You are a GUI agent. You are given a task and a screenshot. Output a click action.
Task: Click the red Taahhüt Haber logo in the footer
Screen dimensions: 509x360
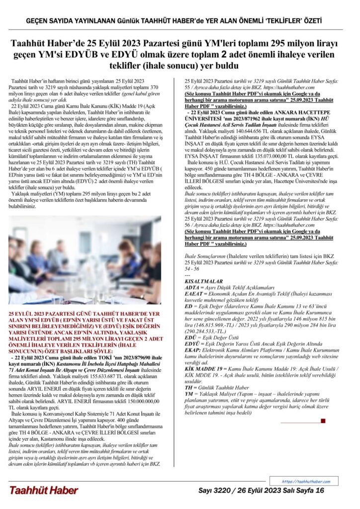tap(43, 490)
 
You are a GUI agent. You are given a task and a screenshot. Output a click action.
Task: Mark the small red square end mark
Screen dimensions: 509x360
tap(323, 421)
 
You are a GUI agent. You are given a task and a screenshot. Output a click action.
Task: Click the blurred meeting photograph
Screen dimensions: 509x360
tap(85, 260)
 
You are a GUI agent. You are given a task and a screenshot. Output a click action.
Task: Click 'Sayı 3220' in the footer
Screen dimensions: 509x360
tap(214, 490)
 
